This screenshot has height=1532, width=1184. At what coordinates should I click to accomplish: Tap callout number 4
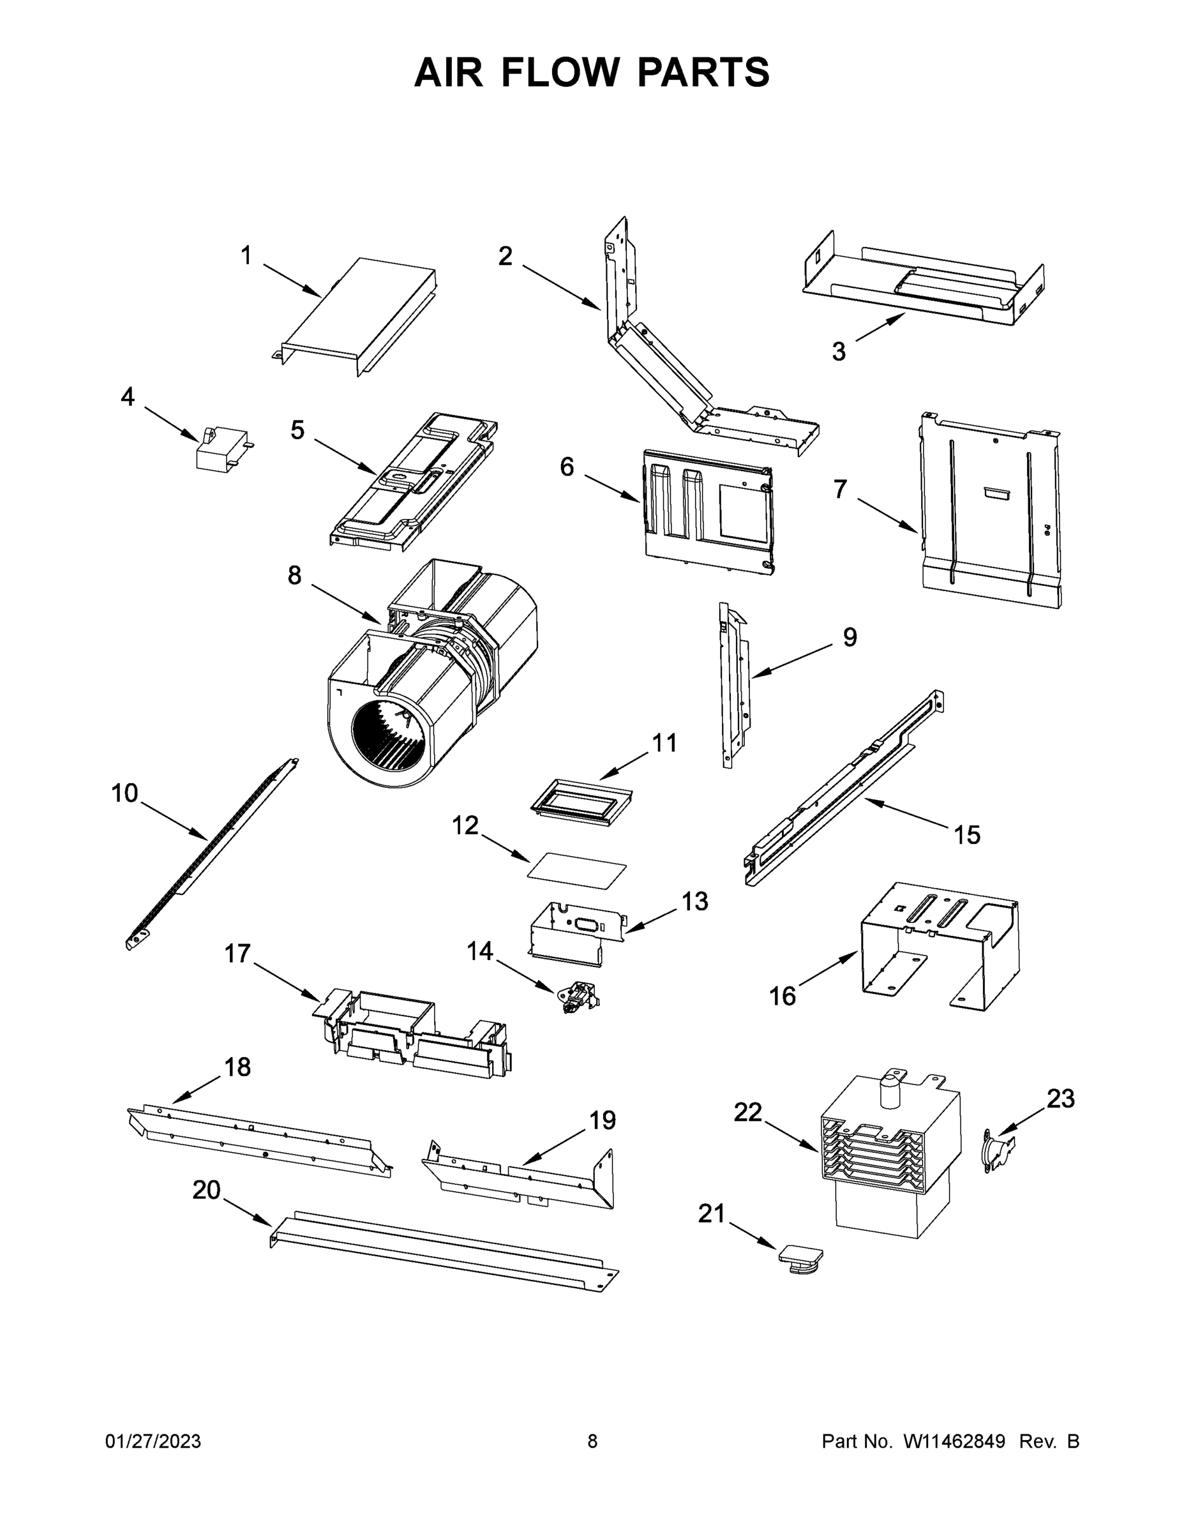pyautogui.click(x=127, y=397)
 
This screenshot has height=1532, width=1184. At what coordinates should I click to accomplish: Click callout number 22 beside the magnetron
pyautogui.click(x=747, y=1112)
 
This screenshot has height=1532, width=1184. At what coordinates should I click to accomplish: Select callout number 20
pyautogui.click(x=206, y=1190)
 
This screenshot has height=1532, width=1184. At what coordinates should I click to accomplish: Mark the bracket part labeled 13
pyautogui.click(x=575, y=929)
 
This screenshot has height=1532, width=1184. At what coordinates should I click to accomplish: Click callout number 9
pyautogui.click(x=850, y=637)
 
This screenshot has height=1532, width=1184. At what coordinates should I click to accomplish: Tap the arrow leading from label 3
pyautogui.click(x=880, y=328)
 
